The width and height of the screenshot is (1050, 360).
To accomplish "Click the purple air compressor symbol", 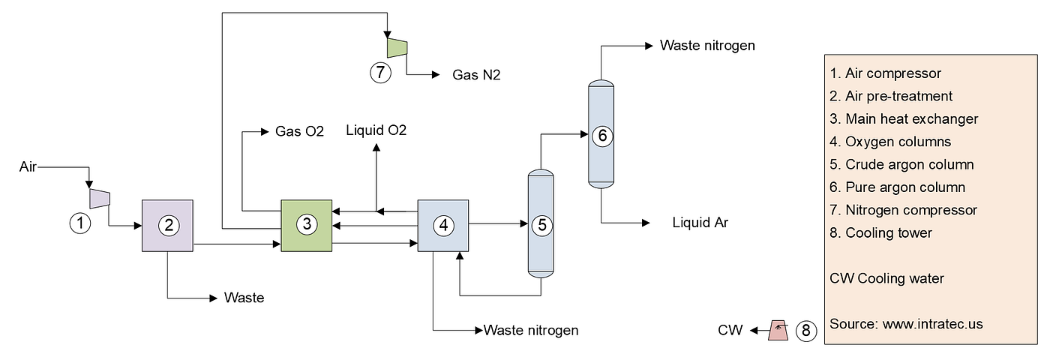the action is (100, 198).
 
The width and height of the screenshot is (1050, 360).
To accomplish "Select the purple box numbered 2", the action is (167, 226).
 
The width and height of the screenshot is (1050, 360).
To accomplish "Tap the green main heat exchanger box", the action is (307, 226).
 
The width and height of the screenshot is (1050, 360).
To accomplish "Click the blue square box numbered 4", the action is (443, 226).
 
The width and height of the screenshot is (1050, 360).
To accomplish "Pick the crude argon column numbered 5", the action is (541, 223).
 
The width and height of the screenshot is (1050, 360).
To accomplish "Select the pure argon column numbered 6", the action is (601, 134).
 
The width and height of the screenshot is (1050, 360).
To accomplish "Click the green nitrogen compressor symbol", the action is (397, 48).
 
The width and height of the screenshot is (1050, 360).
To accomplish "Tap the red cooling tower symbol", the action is (778, 331).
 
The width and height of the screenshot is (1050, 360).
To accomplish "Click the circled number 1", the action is (80, 223).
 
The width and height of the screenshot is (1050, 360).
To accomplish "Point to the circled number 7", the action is (381, 73).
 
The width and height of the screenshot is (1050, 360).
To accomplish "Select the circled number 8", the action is (806, 331).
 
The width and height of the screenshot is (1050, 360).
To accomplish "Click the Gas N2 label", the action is (476, 75).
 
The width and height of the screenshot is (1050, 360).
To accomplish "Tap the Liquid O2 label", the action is (376, 130).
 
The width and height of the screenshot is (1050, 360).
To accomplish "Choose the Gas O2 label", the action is (299, 131).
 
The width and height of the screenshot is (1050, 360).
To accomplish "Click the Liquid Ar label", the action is (700, 223).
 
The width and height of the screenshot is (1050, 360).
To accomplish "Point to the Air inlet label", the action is (28, 166).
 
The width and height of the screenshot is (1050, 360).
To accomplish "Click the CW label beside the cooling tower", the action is (730, 331).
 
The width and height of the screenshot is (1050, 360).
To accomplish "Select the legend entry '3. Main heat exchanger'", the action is (904, 119).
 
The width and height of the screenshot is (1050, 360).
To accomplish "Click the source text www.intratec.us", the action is (932, 324).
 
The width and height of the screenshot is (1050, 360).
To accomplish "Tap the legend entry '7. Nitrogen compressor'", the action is (903, 210).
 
